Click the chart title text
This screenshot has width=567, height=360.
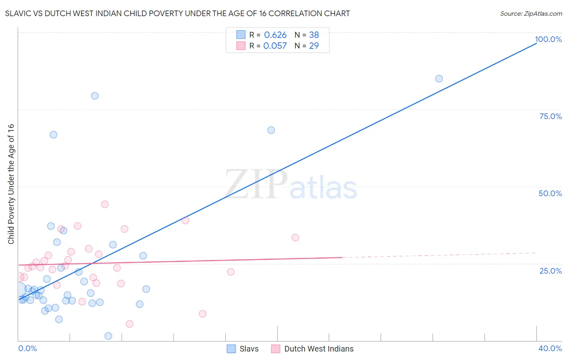[177, 13]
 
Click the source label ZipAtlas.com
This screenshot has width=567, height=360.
[531, 13]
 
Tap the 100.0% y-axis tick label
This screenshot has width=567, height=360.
[548, 39]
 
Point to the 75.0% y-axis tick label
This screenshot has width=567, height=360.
[550, 116]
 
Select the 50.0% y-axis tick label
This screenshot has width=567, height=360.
[550, 193]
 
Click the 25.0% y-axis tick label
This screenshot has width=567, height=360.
[550, 270]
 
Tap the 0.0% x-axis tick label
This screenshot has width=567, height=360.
[27, 348]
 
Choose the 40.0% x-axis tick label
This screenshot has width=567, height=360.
[550, 348]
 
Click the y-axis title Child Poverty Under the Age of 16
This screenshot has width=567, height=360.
[11, 184]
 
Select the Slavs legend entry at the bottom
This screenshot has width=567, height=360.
[243, 349]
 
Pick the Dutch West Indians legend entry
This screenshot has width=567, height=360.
[313, 349]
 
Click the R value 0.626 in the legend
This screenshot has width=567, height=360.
[275, 35]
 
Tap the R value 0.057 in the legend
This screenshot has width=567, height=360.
[275, 46]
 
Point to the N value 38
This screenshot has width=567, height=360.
[314, 35]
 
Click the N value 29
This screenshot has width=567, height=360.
[314, 46]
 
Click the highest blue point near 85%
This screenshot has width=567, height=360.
[439, 79]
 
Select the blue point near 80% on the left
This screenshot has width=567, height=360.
[95, 96]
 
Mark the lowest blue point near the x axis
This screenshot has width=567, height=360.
[108, 336]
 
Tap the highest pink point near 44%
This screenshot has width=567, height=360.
[105, 204]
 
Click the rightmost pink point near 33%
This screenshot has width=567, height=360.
[295, 238]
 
